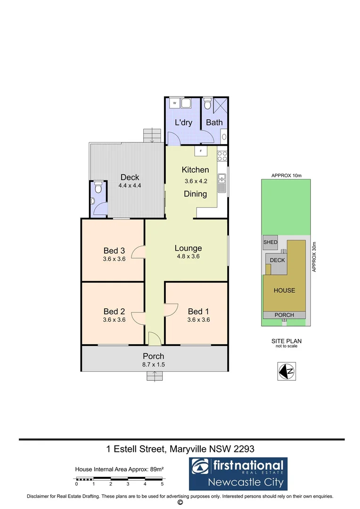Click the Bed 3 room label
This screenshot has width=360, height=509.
[114, 250]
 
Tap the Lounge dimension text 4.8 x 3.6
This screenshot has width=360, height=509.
[188, 256]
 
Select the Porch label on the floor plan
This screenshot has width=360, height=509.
[154, 356]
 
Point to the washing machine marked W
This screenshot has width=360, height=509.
[174, 102]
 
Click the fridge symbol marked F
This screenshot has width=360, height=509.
[201, 151]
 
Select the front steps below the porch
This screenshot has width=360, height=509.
[154, 376]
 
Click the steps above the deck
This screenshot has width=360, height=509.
[152, 135]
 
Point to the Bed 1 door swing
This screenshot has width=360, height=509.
[171, 310]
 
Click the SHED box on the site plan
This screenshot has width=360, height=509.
[270, 242]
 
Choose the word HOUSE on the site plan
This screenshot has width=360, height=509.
[285, 290]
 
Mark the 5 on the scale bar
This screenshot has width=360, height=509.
[162, 484]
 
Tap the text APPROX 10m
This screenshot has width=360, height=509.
[286, 176]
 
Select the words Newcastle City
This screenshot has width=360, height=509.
[245, 482]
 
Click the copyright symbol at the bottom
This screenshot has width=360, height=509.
[180, 503]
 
